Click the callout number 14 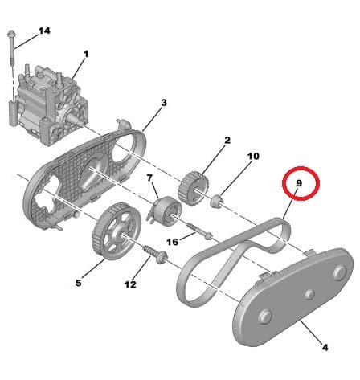coord(43,31)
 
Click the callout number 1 coord(86,54)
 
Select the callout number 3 coord(164,103)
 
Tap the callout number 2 coord(227,141)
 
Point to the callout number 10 coord(253,157)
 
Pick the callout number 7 coord(149,178)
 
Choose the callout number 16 coord(172,241)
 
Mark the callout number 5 coord(78,283)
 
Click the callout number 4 coord(325,347)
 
